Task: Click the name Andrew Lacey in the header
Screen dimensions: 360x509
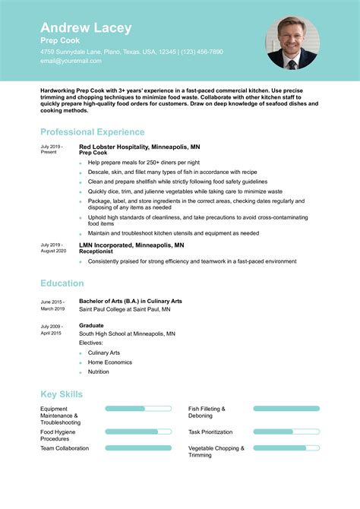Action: point(86,28)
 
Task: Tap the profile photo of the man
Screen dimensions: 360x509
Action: point(292,43)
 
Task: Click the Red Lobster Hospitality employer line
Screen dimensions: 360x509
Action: point(139,146)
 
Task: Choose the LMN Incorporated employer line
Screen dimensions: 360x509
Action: point(131,245)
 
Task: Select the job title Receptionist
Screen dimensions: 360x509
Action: point(97,251)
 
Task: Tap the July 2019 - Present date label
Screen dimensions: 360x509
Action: point(52,149)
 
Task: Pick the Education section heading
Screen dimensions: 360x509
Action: point(62,283)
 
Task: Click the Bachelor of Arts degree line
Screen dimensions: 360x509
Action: point(131,301)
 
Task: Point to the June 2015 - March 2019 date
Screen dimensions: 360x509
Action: point(52,305)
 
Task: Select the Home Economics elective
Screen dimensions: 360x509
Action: point(110,362)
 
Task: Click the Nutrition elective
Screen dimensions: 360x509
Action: point(99,372)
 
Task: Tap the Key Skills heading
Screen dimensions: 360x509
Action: point(62,394)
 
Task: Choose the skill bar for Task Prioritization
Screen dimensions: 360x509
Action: point(286,432)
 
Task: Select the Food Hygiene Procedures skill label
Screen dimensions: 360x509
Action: point(59,435)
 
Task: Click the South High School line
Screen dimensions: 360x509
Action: point(127,334)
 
